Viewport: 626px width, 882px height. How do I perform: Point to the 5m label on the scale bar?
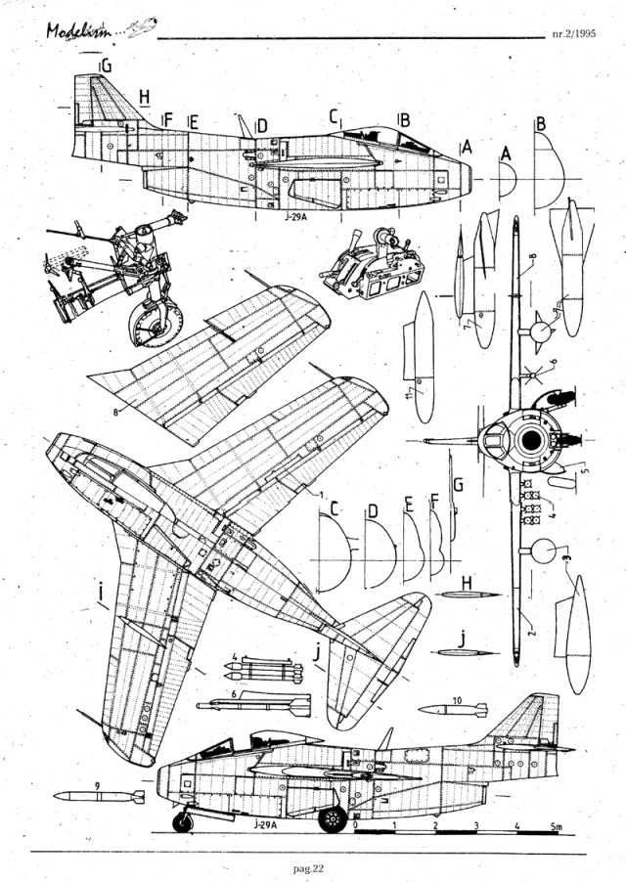pyautogui.click(x=555, y=827)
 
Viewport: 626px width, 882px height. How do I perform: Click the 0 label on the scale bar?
pyautogui.click(x=355, y=827)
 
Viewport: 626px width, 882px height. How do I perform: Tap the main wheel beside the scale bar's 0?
pyautogui.click(x=334, y=818)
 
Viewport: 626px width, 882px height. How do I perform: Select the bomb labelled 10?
pyautogui.click(x=452, y=710)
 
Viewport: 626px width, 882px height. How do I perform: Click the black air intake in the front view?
pyautogui.click(x=531, y=441)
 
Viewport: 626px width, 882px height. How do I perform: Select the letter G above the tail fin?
pyautogui.click(x=105, y=66)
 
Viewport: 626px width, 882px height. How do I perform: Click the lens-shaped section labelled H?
pyautogui.click(x=469, y=594)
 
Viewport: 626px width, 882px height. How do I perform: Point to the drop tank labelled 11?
pyautogui.click(x=422, y=357)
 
